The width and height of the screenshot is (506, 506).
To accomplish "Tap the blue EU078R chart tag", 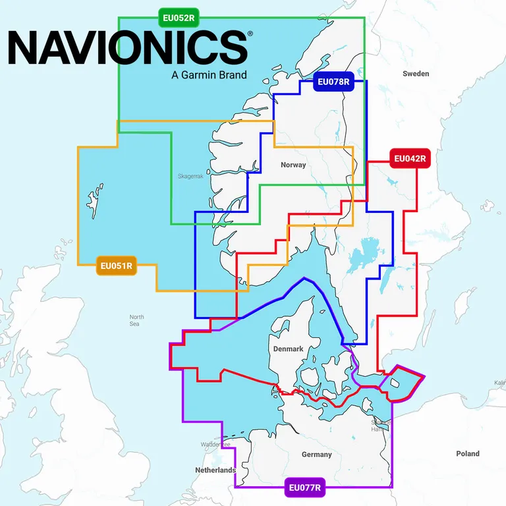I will (x=333, y=82).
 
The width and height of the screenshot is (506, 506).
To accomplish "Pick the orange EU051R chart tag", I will (x=116, y=267).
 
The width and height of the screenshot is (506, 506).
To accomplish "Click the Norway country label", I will (x=293, y=165).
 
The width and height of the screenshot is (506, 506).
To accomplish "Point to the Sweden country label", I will (x=416, y=74).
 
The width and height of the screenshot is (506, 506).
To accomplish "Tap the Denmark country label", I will (x=287, y=349).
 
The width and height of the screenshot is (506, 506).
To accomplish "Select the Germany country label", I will (x=317, y=455).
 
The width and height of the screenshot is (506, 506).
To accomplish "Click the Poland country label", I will (x=468, y=453).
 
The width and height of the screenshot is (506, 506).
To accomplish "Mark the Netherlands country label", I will (x=215, y=470).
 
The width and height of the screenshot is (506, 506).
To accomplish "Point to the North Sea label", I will (x=136, y=320).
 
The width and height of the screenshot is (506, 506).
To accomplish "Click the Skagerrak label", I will (x=191, y=177).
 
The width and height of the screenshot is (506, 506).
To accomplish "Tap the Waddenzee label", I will (x=215, y=445).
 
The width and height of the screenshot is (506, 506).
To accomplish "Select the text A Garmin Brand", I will (x=209, y=74).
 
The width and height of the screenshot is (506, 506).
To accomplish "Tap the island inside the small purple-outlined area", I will (x=396, y=382).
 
